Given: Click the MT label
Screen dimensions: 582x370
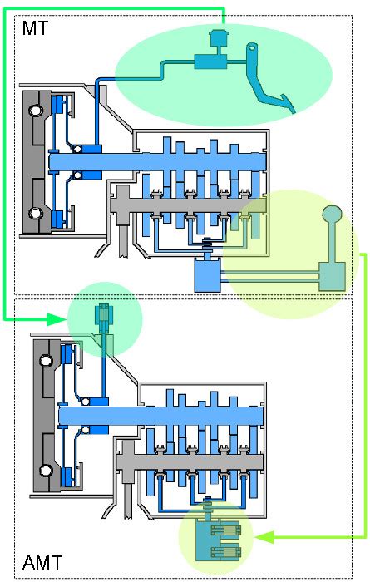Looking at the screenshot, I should pos(34,29).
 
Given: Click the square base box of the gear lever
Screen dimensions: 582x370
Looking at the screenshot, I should pos(332,275).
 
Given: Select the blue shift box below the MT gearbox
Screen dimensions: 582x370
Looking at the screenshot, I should pos(206,274).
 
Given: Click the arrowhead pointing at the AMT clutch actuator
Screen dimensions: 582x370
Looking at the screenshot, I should pos(58,318).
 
